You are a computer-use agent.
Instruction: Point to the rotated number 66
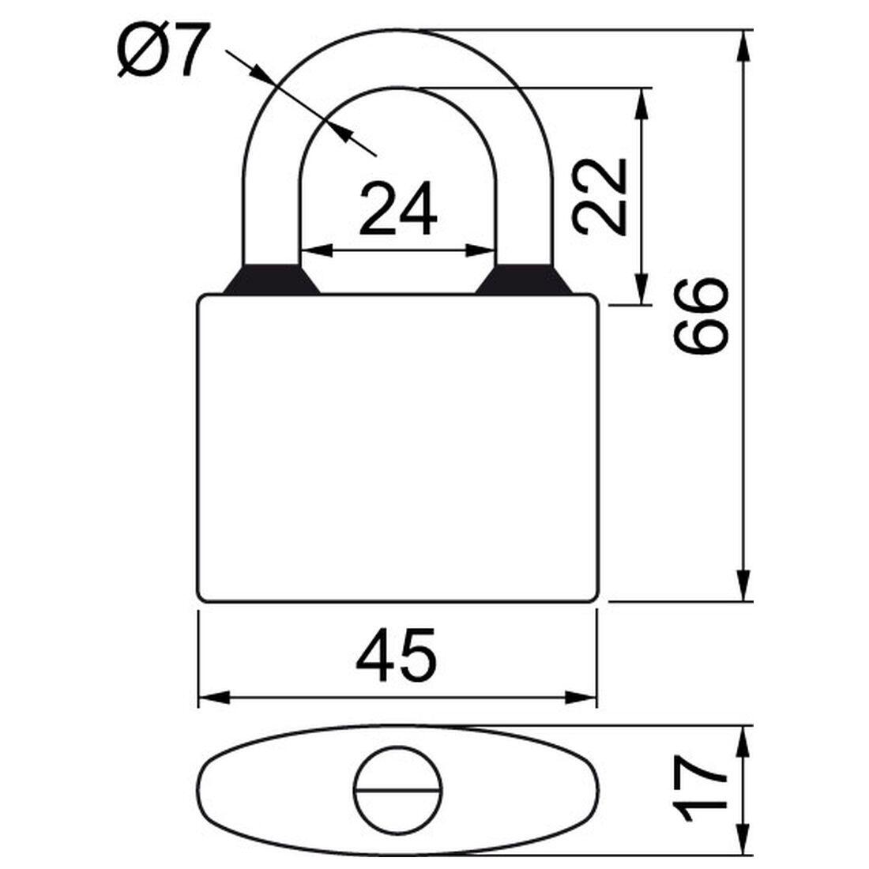click(700, 315)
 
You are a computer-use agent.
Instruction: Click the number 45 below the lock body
click(396, 656)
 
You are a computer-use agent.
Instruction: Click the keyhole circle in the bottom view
click(397, 789)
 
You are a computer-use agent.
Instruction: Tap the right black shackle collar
click(524, 280)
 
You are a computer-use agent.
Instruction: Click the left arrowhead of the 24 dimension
click(313, 251)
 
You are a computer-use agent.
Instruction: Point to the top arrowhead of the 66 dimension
click(743, 44)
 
